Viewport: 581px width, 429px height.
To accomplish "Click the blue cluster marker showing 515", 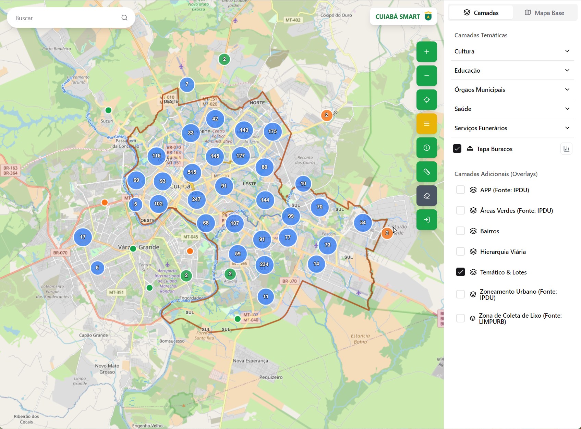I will pos(192,172).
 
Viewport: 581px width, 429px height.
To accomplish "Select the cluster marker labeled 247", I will pos(196,199).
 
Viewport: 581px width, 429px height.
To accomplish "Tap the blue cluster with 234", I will pos(264,265).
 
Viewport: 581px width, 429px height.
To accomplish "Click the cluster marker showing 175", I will pos(273,132).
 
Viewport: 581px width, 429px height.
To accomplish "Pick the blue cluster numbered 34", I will pos(363,223).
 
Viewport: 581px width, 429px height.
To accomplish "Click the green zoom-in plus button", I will pos(426,52).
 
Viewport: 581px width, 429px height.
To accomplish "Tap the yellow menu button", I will pos(426,124).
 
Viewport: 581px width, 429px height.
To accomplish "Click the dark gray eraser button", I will pos(426,196).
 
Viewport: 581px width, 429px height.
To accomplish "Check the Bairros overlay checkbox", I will pos(460,231).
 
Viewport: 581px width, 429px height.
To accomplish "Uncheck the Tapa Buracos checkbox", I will pos(457,149).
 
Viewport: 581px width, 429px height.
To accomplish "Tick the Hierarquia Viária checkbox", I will pos(460,252).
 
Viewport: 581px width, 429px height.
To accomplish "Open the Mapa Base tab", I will pos(544,13).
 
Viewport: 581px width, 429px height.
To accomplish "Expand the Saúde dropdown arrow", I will pos(567,109).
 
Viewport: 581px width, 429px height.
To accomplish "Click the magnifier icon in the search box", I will pos(124,18).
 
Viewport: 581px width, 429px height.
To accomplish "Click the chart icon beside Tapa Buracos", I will pos(566,149).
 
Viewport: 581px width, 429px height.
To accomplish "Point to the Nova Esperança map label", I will pos(250,361).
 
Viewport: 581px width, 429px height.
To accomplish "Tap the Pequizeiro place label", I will pos(271,377).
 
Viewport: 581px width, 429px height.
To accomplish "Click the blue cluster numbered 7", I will pos(187,84).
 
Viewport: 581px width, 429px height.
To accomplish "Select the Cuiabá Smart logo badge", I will pos(403,16).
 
